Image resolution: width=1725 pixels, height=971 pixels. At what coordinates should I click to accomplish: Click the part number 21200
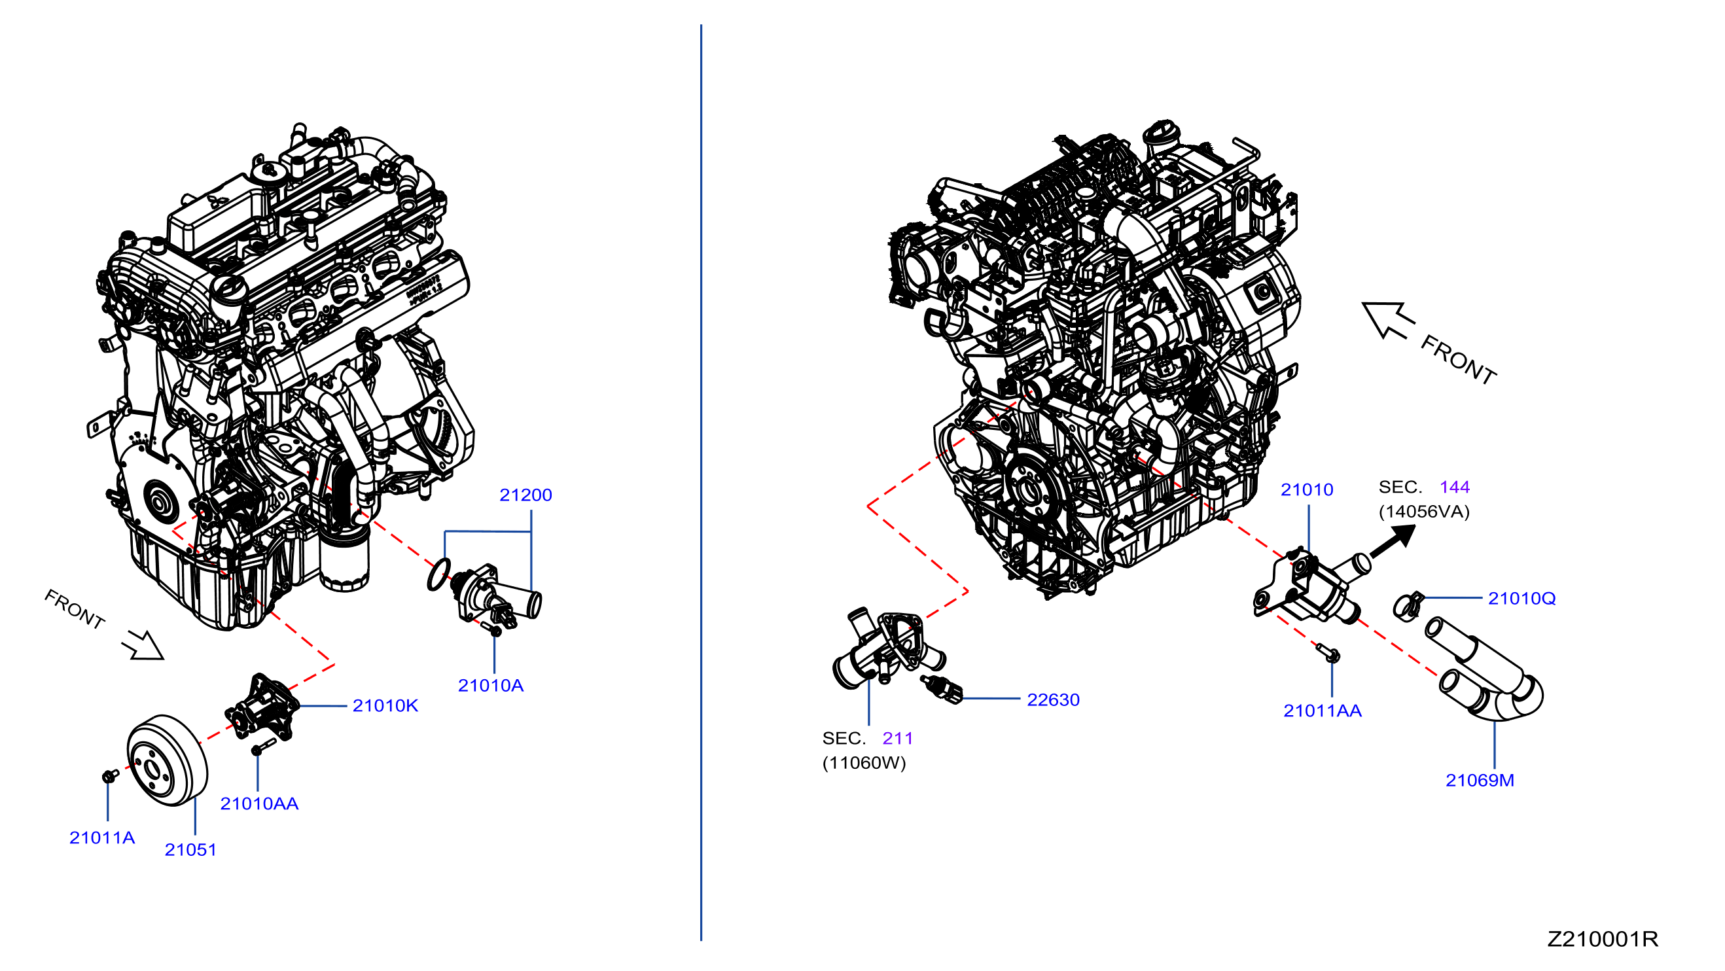point(525,495)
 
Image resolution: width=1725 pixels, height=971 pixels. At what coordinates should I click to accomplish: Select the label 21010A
point(491,685)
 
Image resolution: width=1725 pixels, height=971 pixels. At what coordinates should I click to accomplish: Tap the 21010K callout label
point(385,705)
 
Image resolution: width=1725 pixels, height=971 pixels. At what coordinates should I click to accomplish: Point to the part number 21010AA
point(259,803)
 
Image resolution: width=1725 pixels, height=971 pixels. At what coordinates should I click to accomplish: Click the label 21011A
point(103,838)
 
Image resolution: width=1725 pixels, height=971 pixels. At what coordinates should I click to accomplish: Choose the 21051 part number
point(191,850)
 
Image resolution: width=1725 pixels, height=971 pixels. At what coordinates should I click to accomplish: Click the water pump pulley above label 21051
point(168,761)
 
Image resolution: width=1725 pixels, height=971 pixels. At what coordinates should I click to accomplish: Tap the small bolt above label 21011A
point(110,775)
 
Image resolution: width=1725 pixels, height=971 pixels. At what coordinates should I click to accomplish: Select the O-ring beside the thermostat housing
point(438,574)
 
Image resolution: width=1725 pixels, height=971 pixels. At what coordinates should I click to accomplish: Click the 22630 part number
point(1054,700)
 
